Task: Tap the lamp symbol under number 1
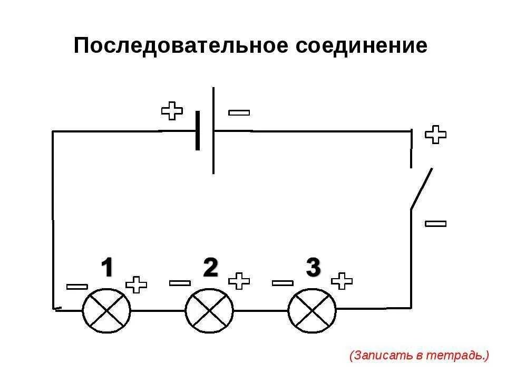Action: (x=106, y=310)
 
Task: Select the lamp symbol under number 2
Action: (x=209, y=310)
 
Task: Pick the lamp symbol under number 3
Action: (x=312, y=310)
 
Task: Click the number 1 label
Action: (x=107, y=268)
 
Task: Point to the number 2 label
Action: (x=210, y=268)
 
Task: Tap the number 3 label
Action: (x=313, y=268)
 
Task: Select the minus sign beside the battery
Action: (x=239, y=112)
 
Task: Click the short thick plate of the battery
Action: (x=198, y=130)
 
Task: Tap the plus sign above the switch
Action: (x=435, y=135)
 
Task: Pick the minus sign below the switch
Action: (x=435, y=224)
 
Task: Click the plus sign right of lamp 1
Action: (x=137, y=285)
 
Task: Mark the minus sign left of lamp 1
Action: (x=77, y=287)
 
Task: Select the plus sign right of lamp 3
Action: (x=342, y=281)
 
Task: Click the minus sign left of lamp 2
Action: (x=180, y=283)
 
